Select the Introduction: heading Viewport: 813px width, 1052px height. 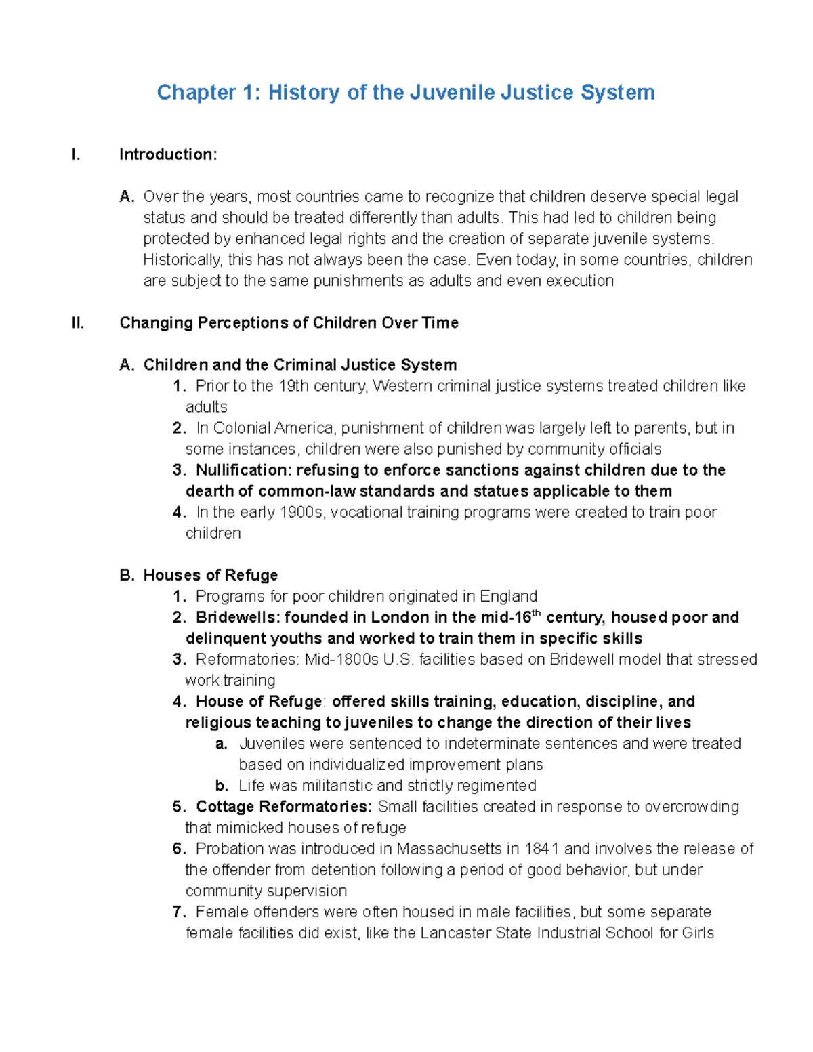168,154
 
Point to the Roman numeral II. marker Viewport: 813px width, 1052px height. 78,322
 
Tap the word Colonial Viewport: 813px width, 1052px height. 242,428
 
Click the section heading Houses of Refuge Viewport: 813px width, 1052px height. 210,575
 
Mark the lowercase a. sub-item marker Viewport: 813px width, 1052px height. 221,744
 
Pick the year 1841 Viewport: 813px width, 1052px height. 542,849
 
